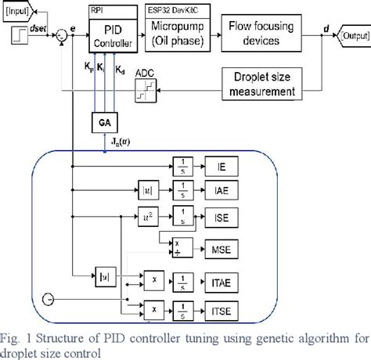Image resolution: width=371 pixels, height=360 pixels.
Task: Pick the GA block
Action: (104, 124)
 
